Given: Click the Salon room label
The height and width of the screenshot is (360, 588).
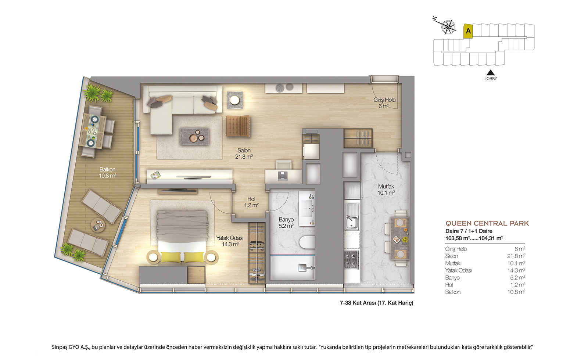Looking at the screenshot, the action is pos(244,154).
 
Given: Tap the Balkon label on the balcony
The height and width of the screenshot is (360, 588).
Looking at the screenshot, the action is pos(107,173).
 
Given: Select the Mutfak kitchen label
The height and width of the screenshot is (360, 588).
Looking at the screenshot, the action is pos(386,190).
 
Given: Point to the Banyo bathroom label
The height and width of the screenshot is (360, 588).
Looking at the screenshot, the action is pos(286,223).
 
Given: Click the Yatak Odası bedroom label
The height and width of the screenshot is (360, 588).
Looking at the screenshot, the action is pos(230,241).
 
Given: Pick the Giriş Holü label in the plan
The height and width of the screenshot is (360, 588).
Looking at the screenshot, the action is pos(384,103).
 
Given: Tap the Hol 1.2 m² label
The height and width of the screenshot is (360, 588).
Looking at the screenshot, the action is pos(251,202).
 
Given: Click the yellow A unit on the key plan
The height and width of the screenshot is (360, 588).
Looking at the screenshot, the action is pos(468,31).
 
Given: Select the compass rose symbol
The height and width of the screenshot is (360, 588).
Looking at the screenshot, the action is pos(448,27).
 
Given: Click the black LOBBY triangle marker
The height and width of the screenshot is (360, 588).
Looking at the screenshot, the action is pos(490,73).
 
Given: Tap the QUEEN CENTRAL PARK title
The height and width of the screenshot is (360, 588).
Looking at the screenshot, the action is pos(487,223).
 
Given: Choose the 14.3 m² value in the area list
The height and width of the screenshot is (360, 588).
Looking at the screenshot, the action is pos(516,270).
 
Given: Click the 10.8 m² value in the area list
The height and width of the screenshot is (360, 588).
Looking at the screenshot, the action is pos(516,292).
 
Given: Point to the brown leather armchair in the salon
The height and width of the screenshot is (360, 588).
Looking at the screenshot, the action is pos(238,126).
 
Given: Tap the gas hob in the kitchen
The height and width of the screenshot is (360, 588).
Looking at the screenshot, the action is pos(351,260).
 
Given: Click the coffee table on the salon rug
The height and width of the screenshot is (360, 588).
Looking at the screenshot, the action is pos(194,136).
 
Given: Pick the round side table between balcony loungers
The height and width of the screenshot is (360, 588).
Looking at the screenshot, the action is pos(98,225).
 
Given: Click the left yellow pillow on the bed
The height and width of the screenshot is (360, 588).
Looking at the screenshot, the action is pos(171,257).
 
